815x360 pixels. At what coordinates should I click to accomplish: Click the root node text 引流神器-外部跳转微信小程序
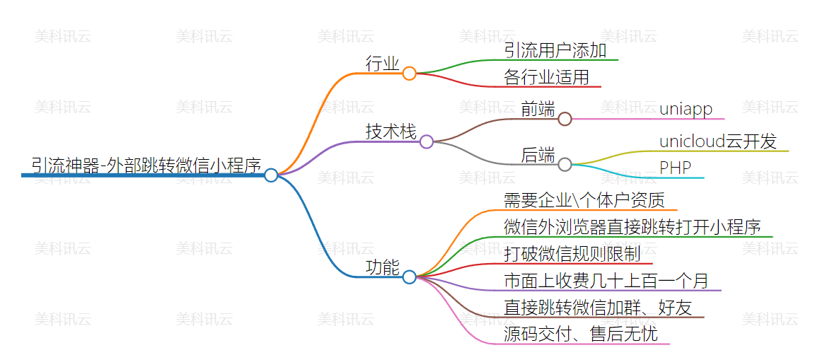click(146, 165)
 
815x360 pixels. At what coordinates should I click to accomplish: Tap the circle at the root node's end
click(271, 175)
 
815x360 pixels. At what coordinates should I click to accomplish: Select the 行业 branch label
click(382, 64)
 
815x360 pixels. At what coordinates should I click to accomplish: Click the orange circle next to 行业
click(409, 73)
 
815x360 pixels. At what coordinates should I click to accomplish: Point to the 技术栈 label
click(391, 132)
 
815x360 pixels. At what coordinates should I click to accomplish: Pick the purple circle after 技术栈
click(426, 141)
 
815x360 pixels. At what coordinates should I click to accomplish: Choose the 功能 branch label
click(382, 267)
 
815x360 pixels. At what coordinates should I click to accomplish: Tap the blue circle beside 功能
click(409, 277)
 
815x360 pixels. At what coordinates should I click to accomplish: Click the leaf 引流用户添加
click(555, 50)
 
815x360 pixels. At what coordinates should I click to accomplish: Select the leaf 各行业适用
click(546, 77)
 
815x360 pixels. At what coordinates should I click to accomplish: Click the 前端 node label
click(538, 109)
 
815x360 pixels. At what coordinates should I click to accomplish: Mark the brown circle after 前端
click(565, 119)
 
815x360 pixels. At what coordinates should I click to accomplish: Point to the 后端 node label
click(538, 155)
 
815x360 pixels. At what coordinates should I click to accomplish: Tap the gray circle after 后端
click(565, 165)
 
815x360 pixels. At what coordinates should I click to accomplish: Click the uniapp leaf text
click(686, 109)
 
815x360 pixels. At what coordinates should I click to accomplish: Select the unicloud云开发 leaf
click(717, 141)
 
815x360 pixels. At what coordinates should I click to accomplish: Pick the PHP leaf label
click(675, 168)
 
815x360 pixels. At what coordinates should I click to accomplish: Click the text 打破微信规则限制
click(572, 254)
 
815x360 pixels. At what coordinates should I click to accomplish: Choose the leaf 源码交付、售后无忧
click(581, 334)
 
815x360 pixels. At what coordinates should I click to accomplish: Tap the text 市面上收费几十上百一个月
click(606, 281)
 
